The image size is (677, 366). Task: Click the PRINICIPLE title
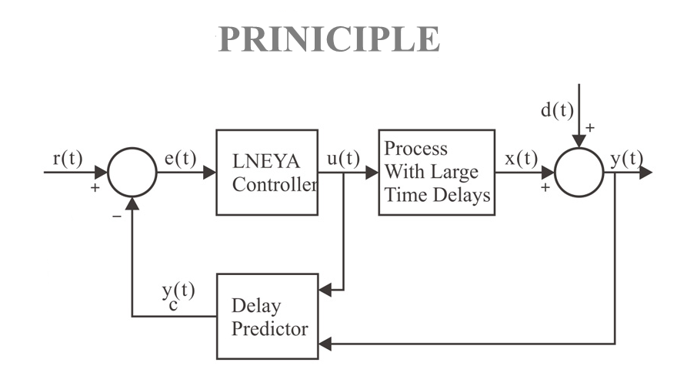tap(329, 39)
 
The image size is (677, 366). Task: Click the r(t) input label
tap(68, 158)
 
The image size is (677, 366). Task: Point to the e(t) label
tap(181, 158)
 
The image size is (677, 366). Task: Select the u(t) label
tap(343, 158)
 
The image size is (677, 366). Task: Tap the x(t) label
tap(521, 158)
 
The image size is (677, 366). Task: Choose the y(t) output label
tap(627, 159)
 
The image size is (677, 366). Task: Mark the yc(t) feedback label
tap(178, 295)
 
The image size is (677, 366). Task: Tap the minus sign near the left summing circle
tap(117, 216)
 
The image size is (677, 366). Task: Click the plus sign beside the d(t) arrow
tap(590, 128)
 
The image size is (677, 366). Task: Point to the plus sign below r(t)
tap(95, 187)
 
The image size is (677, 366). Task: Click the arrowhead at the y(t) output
tap(646, 172)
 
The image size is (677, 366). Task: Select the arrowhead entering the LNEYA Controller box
tap(209, 172)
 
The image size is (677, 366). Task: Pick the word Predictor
tap(270, 329)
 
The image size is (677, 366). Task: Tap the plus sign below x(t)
tap(545, 187)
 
